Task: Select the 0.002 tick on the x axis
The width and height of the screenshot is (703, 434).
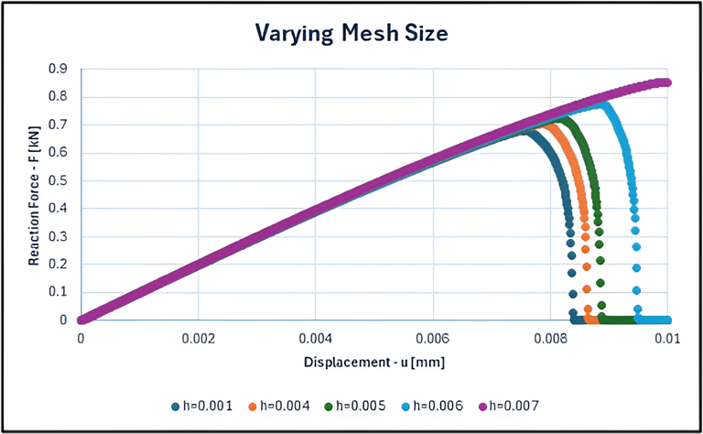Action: [x=198, y=337]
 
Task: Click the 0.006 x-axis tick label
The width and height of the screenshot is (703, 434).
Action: [x=433, y=337]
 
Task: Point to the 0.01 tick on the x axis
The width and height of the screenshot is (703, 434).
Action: [x=667, y=337]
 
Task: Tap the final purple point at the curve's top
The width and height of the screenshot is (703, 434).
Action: [x=666, y=82]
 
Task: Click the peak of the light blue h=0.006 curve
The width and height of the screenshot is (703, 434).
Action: [x=603, y=104]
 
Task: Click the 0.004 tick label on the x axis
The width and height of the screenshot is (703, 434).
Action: [x=315, y=337]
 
